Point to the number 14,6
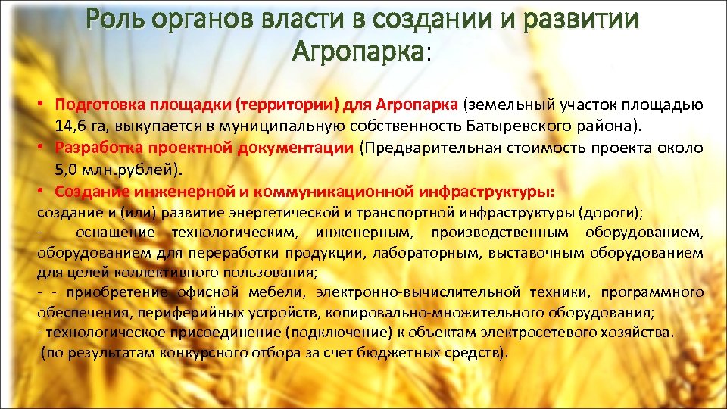[x=70, y=124]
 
